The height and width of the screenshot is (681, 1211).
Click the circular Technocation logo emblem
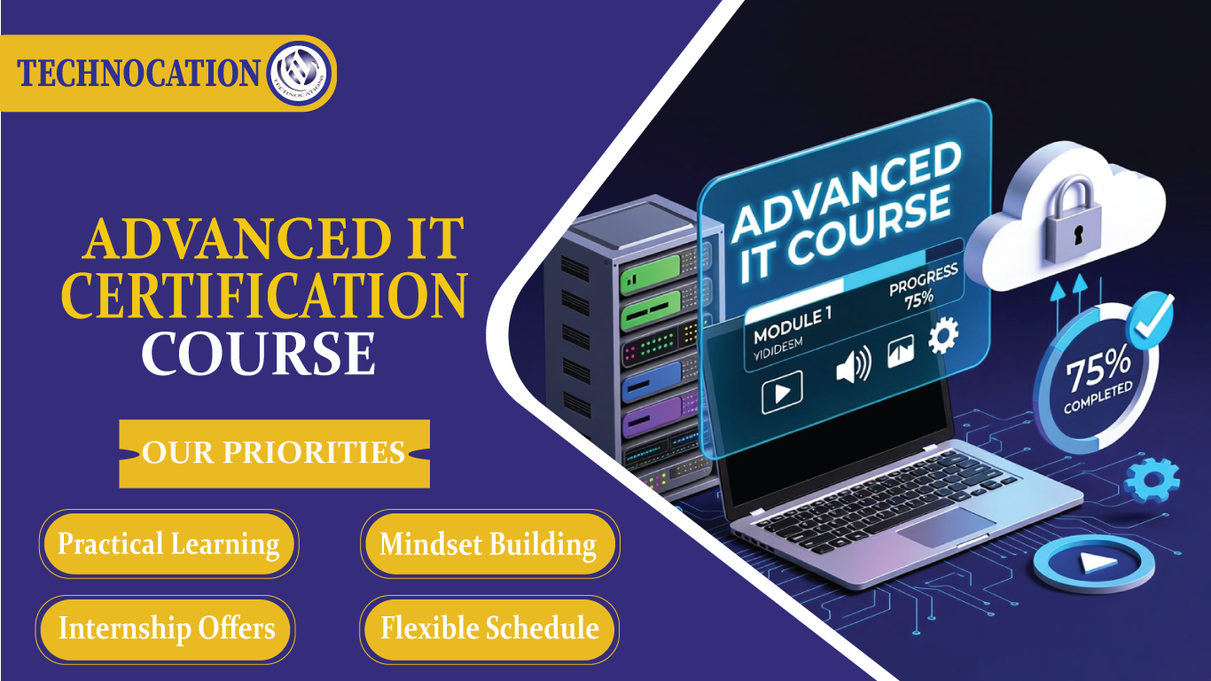pos(300,74)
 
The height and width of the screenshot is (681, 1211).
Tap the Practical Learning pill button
pos(168,544)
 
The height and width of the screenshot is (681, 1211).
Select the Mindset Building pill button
pos(488,544)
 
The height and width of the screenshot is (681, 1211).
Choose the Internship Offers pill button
pos(167,629)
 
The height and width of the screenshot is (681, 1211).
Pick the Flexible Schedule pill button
pos(489,629)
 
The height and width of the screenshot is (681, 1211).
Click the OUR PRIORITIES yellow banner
pos(274,453)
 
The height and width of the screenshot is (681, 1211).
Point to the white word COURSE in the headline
pos(258,353)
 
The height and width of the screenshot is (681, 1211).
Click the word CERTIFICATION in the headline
pos(263,296)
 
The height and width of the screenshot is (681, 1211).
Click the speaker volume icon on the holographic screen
pos(853,364)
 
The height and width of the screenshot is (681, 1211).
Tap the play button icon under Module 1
pos(782,390)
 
